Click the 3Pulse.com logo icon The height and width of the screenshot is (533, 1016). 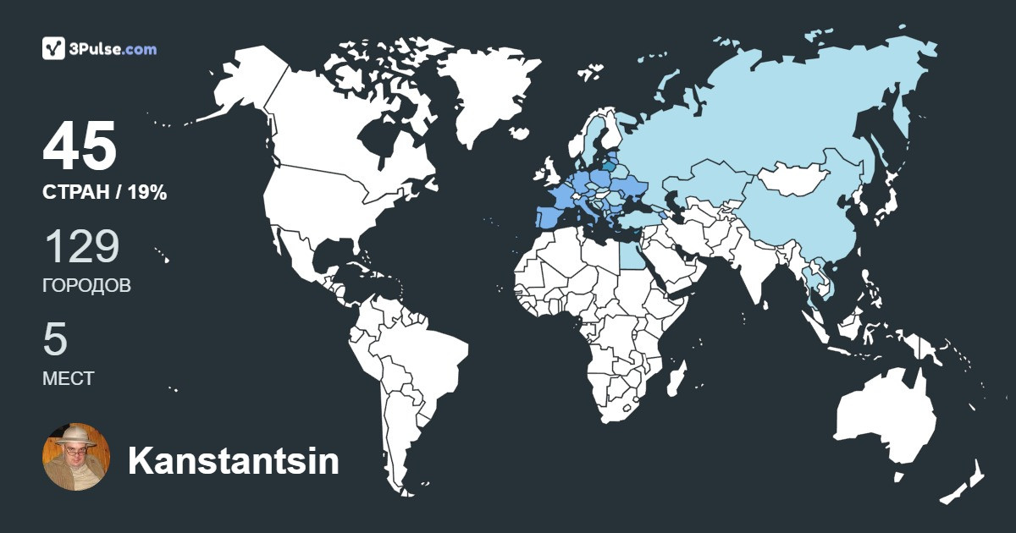point(54,48)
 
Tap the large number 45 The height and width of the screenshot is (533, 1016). point(80,147)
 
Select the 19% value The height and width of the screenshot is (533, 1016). point(147,193)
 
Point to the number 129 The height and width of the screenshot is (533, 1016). point(81,246)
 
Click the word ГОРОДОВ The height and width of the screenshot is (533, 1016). point(86,286)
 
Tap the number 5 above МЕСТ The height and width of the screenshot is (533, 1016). point(55,338)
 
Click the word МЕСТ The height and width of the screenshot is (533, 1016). point(68,378)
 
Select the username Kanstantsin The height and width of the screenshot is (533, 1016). point(233,461)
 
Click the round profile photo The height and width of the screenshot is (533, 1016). point(76,457)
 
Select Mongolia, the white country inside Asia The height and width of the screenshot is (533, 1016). point(792,178)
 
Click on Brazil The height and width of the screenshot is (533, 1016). point(423,355)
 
